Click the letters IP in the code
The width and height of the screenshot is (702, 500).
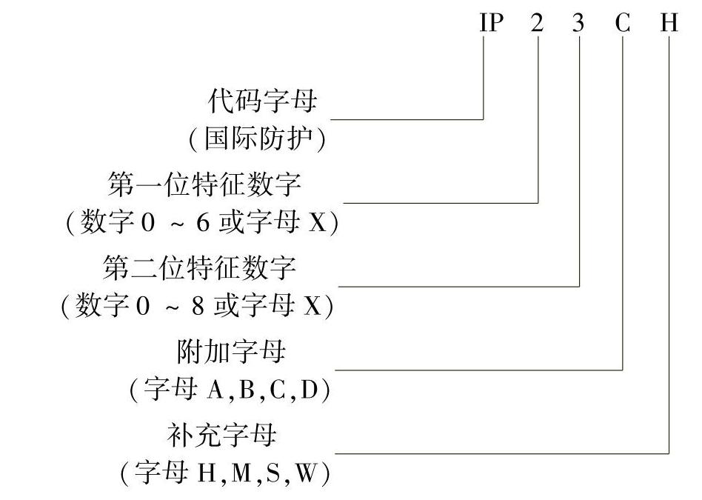[x=491, y=23]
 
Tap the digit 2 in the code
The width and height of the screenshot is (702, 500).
[x=537, y=23]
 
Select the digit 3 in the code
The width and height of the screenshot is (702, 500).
[x=578, y=23]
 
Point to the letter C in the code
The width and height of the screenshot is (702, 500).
[x=622, y=23]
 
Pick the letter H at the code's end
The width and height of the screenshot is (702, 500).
[x=669, y=23]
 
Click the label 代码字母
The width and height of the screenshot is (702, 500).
[x=262, y=101]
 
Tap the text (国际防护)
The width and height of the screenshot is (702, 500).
[x=256, y=139]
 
